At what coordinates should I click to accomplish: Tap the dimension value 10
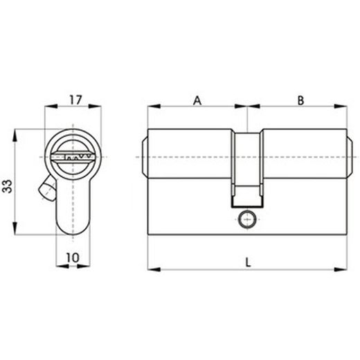tap(72, 257)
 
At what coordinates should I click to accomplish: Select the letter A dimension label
tap(197, 101)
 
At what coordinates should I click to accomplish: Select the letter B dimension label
tap(300, 101)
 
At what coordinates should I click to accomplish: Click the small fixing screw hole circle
tap(247, 221)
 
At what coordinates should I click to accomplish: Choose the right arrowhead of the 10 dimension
tap(89, 265)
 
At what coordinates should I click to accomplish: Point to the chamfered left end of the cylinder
tap(145, 157)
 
